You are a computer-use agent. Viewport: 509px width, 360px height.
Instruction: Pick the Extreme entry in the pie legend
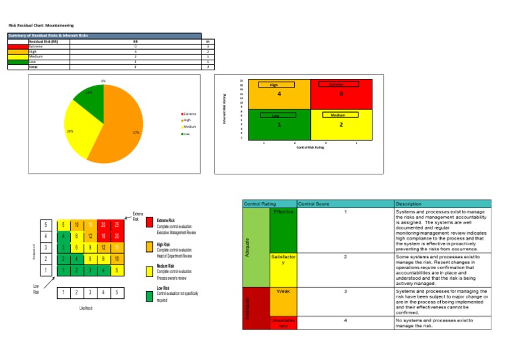point(188,114)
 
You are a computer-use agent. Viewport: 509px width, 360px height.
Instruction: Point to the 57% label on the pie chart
point(136,132)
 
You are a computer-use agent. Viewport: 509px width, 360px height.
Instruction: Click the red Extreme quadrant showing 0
point(342,94)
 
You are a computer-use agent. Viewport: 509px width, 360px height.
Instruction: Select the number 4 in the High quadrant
point(279,94)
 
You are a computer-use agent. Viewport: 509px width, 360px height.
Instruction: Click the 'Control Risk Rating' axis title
point(311,147)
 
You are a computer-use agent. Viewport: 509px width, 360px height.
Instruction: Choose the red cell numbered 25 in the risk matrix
point(117,225)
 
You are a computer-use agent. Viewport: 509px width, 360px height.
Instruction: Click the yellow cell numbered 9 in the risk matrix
point(89,247)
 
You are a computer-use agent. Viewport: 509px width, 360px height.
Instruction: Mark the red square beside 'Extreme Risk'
point(150,221)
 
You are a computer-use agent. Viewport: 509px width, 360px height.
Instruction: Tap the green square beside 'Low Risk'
point(150,295)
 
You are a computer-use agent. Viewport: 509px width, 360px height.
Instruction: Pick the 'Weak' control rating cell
point(283,292)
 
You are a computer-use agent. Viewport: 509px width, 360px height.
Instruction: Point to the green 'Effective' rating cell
point(283,229)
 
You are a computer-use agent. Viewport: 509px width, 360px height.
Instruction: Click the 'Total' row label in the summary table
point(33,67)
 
